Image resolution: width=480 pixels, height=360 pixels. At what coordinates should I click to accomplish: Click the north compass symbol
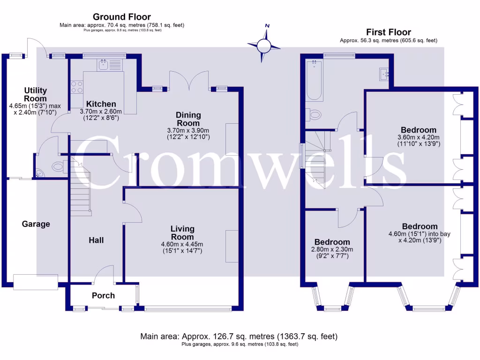tap(264, 45)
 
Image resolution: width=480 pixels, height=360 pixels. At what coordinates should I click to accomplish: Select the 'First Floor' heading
tap(389, 32)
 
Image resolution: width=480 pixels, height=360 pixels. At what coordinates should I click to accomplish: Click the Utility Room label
tap(36, 94)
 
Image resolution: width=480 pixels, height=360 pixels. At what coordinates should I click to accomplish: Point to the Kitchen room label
tap(101, 104)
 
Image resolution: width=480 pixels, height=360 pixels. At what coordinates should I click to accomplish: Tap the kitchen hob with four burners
tap(76, 87)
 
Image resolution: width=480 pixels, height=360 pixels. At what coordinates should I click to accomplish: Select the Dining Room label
tap(188, 119)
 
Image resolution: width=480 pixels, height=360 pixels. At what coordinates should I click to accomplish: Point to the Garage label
tap(36, 224)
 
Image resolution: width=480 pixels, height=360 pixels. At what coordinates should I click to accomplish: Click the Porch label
tap(103, 295)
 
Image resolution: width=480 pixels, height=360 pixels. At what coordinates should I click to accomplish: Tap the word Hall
tap(96, 240)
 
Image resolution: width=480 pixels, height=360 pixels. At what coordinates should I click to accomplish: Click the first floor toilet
tap(315, 114)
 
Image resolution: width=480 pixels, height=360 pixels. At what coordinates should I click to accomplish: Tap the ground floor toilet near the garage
tap(58, 165)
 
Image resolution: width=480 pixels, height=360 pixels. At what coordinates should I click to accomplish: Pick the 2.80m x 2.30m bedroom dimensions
tap(333, 252)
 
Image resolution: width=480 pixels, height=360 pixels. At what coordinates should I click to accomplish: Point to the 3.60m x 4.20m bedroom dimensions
tap(418, 141)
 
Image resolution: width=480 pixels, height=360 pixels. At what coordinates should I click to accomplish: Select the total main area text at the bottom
tap(239, 337)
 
